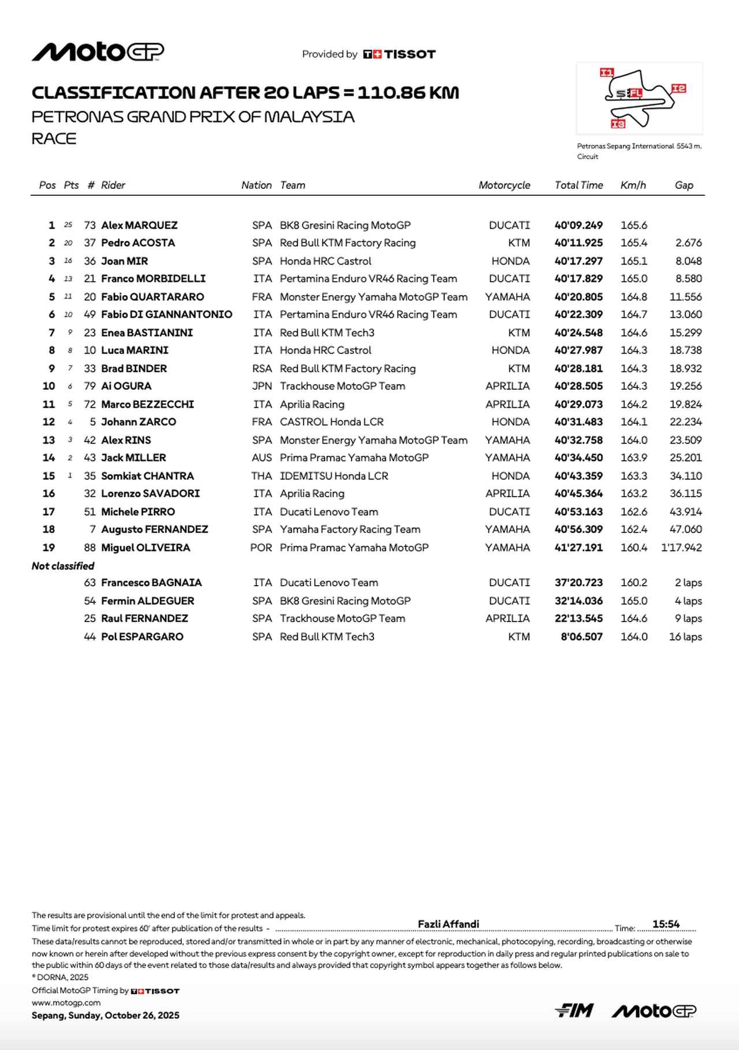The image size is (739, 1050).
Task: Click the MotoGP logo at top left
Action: (98, 52)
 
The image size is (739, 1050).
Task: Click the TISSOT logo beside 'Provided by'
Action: (400, 54)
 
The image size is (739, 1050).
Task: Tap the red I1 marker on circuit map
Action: (607, 72)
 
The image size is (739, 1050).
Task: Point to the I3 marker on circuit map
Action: (618, 124)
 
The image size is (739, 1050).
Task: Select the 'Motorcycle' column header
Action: (504, 185)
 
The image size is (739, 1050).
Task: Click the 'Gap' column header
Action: (684, 185)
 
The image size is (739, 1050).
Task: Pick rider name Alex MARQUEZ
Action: (139, 225)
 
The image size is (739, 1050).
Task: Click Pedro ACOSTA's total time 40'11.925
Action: (578, 243)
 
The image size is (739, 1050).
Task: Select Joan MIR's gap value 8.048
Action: (688, 261)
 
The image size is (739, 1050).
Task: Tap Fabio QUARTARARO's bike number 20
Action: (89, 297)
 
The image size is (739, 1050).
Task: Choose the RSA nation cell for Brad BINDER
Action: (262, 368)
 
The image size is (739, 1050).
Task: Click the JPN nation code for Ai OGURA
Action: (262, 386)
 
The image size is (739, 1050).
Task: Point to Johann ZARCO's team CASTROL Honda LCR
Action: (331, 422)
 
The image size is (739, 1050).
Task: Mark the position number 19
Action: (48, 548)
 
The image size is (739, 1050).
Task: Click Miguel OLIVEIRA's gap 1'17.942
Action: (681, 548)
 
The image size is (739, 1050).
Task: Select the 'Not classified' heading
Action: (63, 566)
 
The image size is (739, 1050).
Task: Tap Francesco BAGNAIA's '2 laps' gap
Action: (688, 583)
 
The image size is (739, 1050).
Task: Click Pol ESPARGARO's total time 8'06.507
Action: (581, 636)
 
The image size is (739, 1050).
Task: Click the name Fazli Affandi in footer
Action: (448, 924)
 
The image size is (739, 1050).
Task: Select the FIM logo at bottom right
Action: (574, 1011)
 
